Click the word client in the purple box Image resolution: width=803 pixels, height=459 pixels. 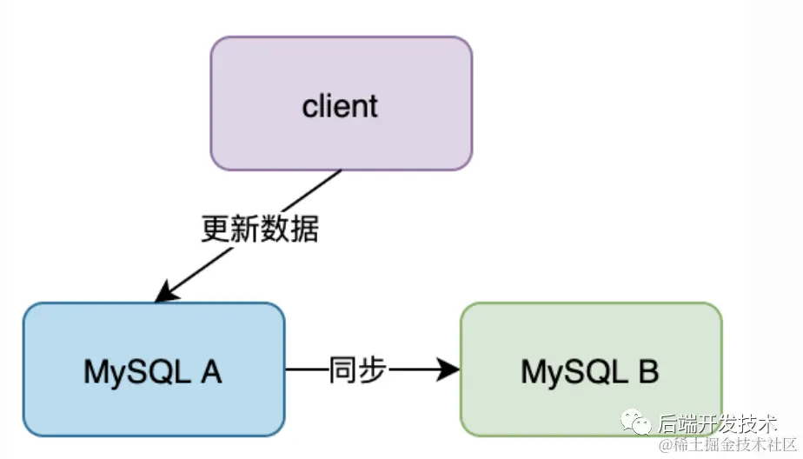pyautogui.click(x=340, y=106)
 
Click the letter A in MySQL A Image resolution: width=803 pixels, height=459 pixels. pyautogui.click(x=211, y=372)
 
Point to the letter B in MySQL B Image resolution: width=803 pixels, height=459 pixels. pyautogui.click(x=648, y=372)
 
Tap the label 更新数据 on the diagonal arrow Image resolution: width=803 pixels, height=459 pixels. pyautogui.click(x=260, y=229)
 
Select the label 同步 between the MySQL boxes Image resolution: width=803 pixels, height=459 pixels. pyautogui.click(x=356, y=371)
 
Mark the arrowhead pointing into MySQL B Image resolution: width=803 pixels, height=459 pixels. pyautogui.click(x=448, y=371)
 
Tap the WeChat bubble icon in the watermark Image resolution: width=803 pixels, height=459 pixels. pyautogui.click(x=638, y=424)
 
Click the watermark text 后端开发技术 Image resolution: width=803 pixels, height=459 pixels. pyautogui.click(x=716, y=424)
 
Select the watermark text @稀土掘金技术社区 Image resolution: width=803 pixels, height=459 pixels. pyautogui.click(x=728, y=446)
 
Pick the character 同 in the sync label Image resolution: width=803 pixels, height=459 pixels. pyautogui.click(x=342, y=371)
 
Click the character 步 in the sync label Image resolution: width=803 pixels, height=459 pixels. pyautogui.click(x=371, y=371)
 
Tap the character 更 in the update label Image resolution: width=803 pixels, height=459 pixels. pyautogui.click(x=216, y=229)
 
